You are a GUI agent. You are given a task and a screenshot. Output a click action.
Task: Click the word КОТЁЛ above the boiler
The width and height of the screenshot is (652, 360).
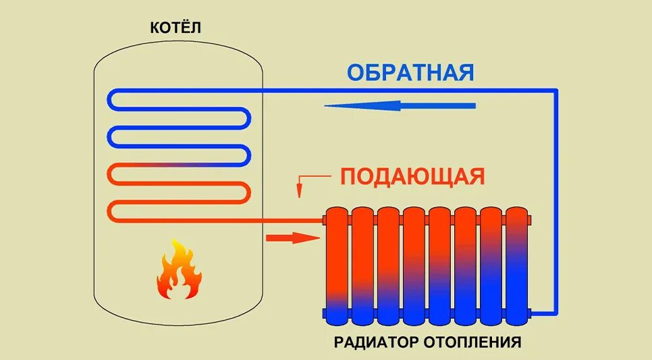point(176,28)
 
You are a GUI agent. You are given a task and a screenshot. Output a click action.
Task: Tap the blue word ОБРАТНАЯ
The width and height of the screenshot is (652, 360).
point(411,72)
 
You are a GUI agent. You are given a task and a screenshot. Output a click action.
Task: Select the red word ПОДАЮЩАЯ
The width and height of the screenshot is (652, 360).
point(412,177)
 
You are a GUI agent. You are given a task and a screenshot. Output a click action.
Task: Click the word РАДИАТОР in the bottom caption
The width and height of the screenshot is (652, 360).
point(378,342)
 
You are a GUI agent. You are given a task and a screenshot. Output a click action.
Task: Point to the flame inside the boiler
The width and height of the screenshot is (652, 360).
point(178,271)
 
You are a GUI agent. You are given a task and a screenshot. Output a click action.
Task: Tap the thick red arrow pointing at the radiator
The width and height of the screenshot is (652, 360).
point(292,237)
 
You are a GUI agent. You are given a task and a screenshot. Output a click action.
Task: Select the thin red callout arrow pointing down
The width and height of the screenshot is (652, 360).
point(300,187)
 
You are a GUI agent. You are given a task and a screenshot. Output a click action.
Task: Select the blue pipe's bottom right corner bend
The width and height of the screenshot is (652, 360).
point(555,312)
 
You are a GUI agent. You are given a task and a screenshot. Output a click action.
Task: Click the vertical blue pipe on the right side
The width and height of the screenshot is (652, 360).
point(556,203)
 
